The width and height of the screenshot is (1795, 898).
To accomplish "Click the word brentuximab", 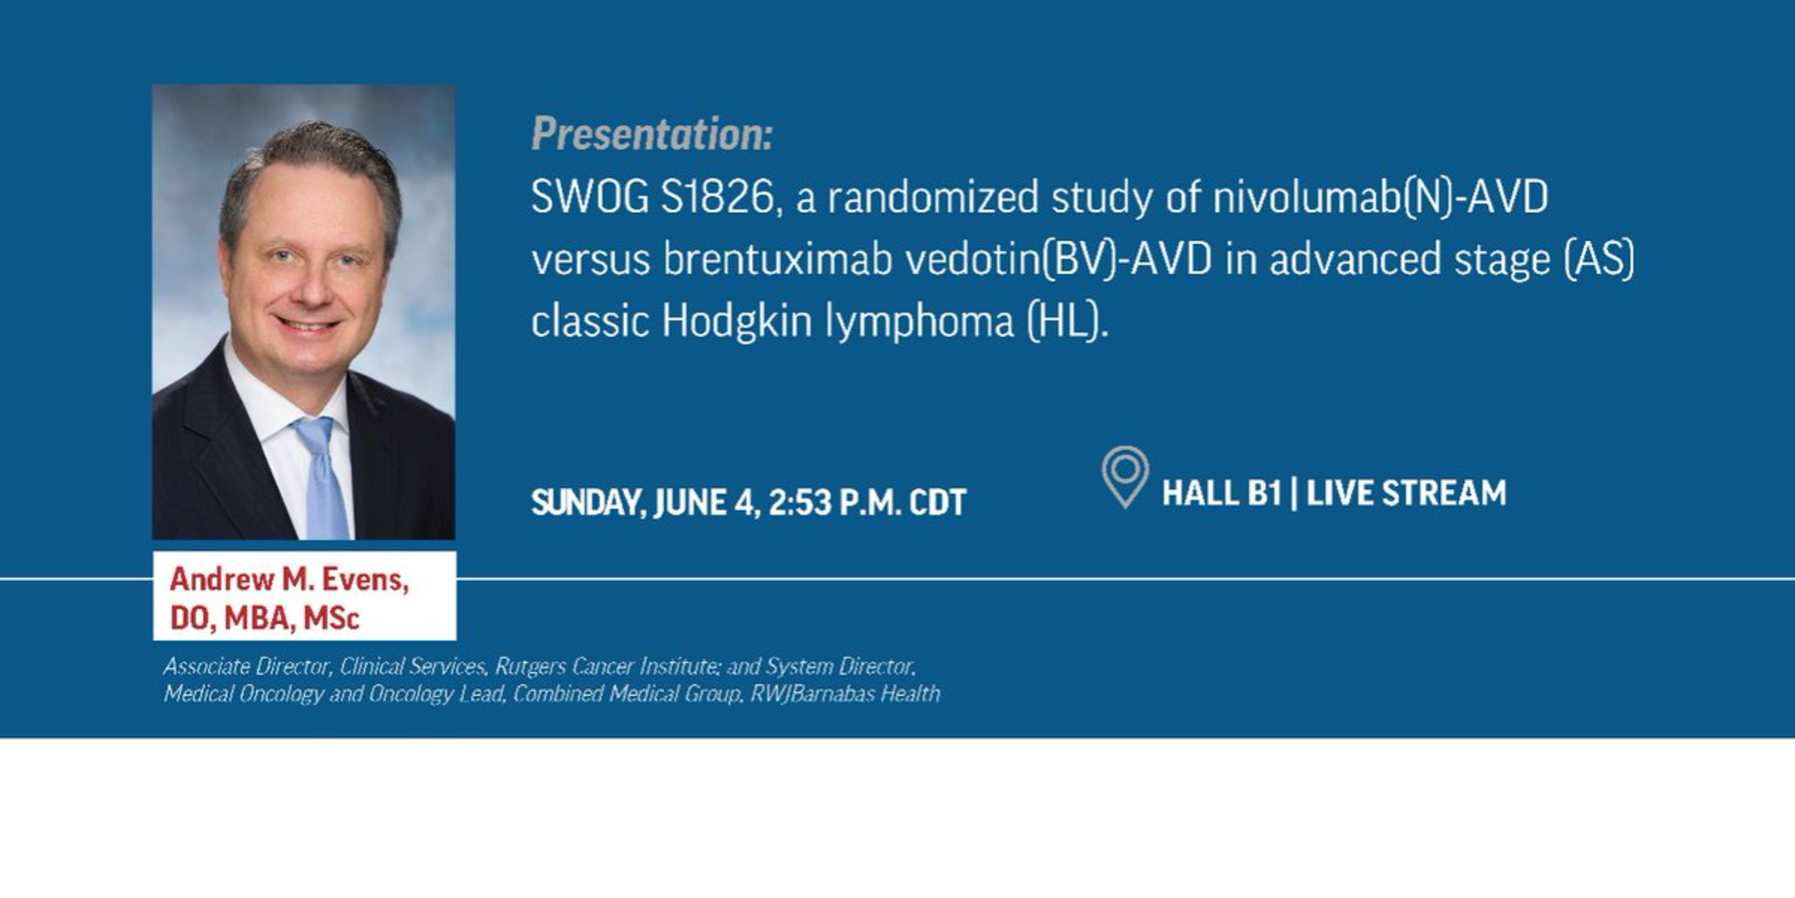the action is (x=778, y=259).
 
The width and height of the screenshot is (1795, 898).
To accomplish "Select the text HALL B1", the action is (x=1221, y=493).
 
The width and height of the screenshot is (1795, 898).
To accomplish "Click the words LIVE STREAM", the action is (x=1406, y=493).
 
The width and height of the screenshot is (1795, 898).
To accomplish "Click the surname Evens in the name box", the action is (x=366, y=580).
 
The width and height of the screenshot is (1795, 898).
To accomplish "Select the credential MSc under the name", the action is (x=331, y=618).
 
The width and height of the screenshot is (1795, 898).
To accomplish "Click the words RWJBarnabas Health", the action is (x=845, y=694).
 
